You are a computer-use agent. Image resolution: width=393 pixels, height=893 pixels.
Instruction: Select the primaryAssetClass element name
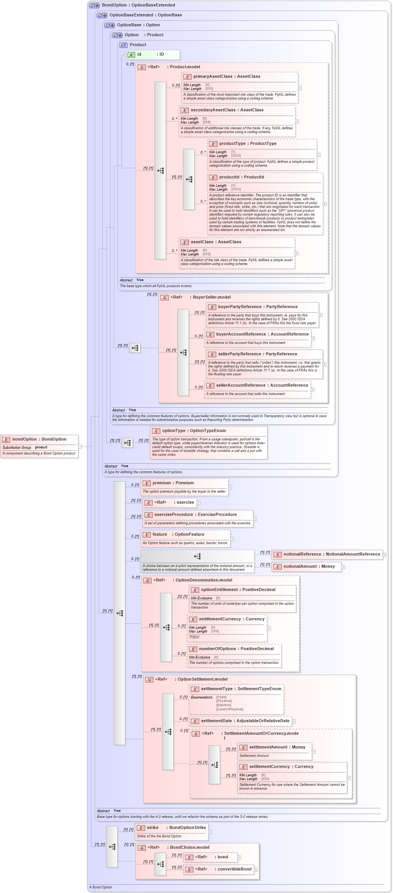tap(212, 76)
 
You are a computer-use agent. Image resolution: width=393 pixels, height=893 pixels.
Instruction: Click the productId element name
tap(229, 177)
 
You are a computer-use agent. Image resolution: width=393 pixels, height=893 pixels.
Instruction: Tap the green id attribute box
tap(153, 55)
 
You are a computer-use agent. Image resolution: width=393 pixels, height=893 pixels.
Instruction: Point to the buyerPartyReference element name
tap(240, 307)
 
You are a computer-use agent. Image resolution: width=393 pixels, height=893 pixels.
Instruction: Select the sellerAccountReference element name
tap(241, 385)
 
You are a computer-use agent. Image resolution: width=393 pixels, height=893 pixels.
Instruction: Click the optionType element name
tap(174, 430)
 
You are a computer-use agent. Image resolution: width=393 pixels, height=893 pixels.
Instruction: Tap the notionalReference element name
tap(302, 554)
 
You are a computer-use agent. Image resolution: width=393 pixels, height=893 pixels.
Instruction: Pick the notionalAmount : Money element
tap(309, 566)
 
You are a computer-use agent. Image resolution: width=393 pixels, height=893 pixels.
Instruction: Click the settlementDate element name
tap(216, 721)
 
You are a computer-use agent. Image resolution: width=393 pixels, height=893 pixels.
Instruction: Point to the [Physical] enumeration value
tap(224, 701)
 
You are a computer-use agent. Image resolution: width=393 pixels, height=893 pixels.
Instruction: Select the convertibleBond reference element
tap(234, 869)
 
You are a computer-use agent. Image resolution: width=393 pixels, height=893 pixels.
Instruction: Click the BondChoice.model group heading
tap(189, 847)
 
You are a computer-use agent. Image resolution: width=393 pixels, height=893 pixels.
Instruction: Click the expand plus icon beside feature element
tap(232, 538)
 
